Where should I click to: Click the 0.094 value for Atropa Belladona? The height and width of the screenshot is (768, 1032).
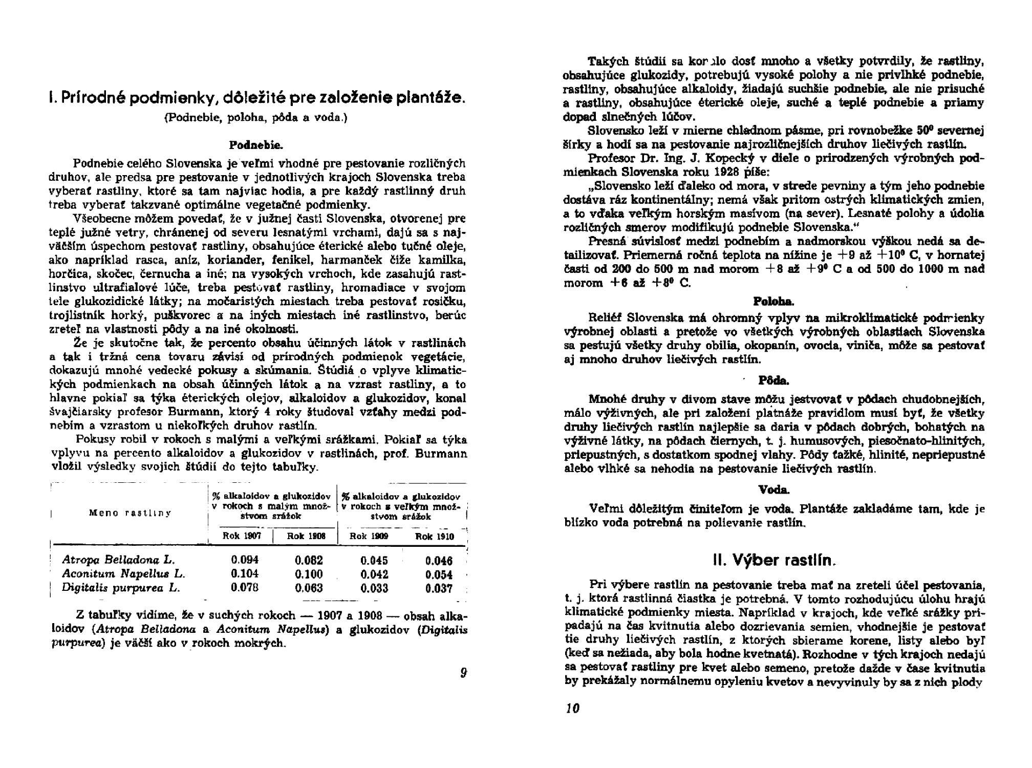[x=245, y=560]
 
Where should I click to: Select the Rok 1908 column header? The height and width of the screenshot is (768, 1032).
[x=305, y=536]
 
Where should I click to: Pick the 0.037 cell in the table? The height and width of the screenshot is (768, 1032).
[x=439, y=588]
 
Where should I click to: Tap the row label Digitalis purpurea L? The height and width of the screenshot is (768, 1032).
[x=121, y=588]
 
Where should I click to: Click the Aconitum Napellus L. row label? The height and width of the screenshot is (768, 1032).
[x=123, y=574]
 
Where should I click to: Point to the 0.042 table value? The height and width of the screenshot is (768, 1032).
[x=374, y=574]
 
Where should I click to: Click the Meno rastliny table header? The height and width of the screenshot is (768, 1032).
[x=130, y=513]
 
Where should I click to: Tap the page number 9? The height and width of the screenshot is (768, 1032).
[x=463, y=673]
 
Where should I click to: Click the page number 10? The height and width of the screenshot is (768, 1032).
[x=572, y=709]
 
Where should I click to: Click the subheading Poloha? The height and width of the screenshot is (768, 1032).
[x=773, y=301]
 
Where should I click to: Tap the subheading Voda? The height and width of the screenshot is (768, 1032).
[x=773, y=490]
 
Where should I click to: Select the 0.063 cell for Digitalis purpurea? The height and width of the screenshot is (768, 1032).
[x=309, y=588]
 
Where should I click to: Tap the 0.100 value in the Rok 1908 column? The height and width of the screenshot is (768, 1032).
[x=309, y=574]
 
